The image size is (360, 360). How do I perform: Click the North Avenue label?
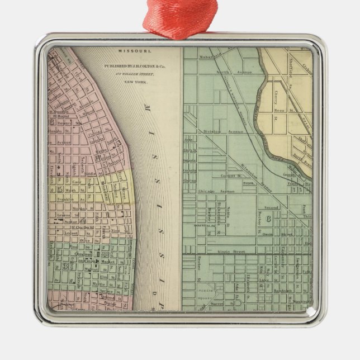pyautogui.click(x=231, y=72)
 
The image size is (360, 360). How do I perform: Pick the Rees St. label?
pyautogui.click(x=280, y=111)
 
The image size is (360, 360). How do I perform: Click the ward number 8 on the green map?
pyautogui.click(x=268, y=217)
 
